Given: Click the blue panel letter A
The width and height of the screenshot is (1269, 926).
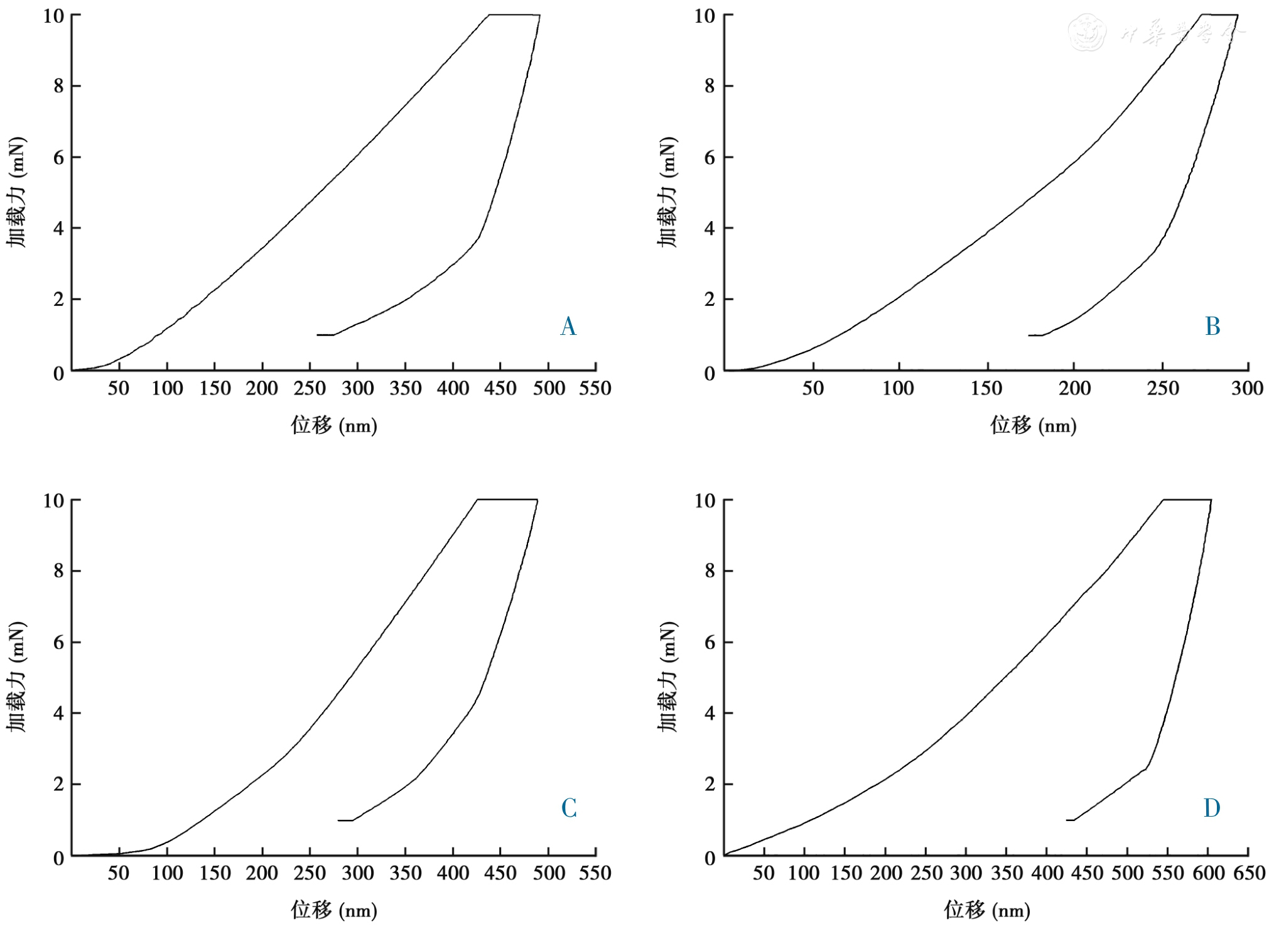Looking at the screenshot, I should click(x=568, y=327).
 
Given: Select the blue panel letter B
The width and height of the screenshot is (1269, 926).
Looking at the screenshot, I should click(x=1212, y=327).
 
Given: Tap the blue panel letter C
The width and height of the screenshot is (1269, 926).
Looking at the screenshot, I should click(x=569, y=808).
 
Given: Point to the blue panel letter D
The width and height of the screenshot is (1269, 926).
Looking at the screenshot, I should click(x=1212, y=808).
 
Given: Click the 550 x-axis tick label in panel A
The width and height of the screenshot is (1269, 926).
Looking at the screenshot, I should click(x=595, y=388).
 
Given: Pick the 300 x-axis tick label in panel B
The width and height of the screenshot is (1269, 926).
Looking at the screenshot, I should click(x=1247, y=388).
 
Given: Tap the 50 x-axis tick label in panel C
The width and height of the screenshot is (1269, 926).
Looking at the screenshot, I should click(x=119, y=873).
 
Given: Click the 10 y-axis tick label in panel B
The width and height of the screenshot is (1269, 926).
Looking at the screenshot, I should click(x=705, y=16).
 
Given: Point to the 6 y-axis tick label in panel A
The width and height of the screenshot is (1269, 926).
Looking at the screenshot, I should click(x=59, y=157).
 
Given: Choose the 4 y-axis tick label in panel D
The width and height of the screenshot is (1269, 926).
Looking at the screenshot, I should click(x=710, y=714).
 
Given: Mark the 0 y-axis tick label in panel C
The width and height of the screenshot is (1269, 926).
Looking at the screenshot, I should click(x=59, y=858).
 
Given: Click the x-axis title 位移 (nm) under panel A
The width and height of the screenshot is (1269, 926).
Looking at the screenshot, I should click(x=333, y=426).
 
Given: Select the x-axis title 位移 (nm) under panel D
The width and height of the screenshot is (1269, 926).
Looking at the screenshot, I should click(x=986, y=910).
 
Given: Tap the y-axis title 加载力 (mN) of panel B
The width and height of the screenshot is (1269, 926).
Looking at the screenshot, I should click(x=667, y=192).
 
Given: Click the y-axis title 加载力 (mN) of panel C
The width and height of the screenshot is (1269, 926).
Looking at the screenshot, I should click(x=17, y=677).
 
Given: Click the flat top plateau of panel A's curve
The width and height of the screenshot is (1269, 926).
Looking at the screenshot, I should click(x=514, y=14).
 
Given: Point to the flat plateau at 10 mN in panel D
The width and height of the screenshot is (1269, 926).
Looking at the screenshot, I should click(x=1187, y=499).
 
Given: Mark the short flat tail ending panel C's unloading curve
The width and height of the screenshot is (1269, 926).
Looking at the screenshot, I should click(x=345, y=820).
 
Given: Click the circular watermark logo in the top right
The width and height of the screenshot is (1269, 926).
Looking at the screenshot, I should click(x=1088, y=33).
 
